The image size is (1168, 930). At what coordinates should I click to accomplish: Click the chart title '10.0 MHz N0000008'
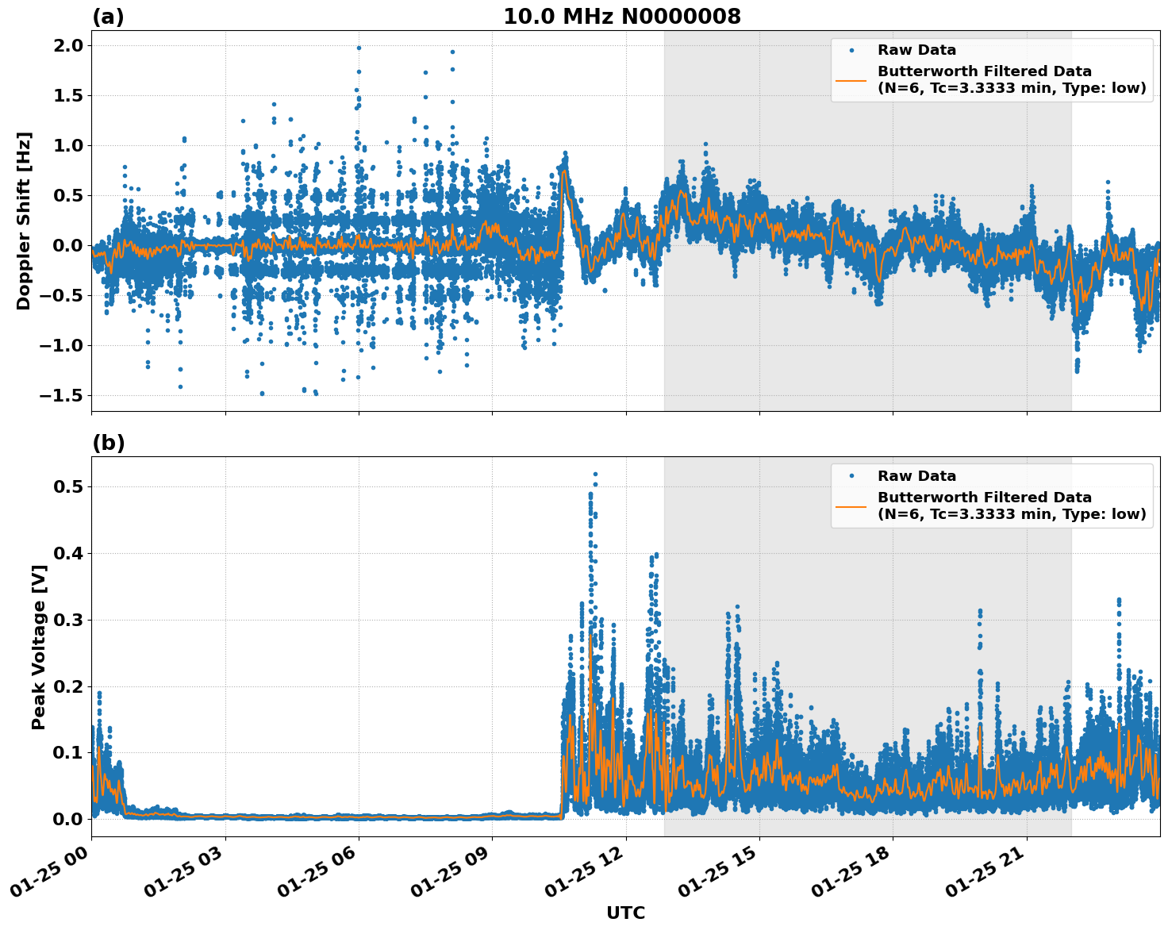621,17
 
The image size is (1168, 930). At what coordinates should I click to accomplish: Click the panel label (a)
108,17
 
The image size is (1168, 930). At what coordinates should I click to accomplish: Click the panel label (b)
108,443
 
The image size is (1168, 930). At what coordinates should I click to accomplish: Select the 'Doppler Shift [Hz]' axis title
24,221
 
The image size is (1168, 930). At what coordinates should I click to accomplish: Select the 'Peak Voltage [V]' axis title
38,647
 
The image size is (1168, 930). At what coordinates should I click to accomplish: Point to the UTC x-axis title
625,913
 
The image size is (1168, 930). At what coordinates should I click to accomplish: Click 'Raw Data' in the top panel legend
916,50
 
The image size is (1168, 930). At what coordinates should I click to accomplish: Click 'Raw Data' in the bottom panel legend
916,476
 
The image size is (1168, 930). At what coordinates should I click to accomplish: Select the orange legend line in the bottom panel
851,505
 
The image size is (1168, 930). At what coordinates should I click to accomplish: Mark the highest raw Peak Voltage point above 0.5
595,474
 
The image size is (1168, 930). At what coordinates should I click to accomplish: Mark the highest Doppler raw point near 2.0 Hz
359,48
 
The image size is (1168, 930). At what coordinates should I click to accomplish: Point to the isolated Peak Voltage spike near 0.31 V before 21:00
980,611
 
